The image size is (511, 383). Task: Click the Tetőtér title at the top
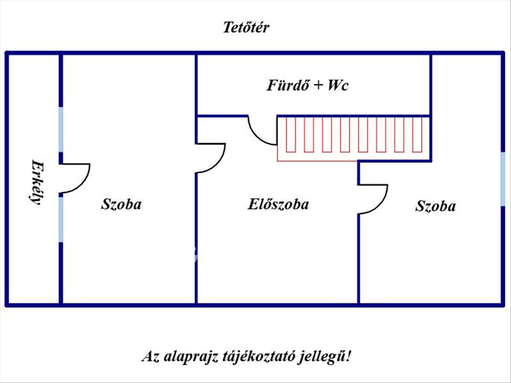[246, 28]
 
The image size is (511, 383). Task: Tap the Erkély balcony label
[37, 183]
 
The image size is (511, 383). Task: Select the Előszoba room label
[278, 204]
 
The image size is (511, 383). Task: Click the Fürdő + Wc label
[307, 86]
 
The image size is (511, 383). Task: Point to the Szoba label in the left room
[121, 204]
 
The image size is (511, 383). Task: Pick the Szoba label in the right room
[435, 206]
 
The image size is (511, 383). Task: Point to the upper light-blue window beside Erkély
[61, 129]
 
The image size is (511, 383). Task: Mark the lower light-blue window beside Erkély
[61, 218]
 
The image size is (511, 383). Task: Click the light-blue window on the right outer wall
[503, 179]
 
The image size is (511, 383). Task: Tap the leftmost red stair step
[291, 134]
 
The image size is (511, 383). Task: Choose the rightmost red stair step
[417, 134]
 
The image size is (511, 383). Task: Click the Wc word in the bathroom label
[338, 86]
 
